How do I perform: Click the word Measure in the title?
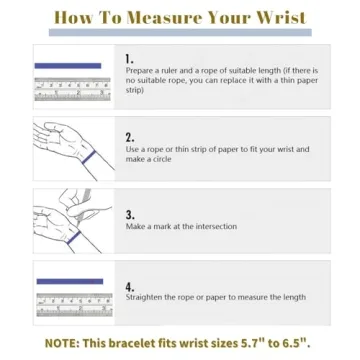pos(166,18)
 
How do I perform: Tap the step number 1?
pos(129,59)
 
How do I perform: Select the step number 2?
pos(130,138)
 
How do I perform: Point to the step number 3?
pos(130,215)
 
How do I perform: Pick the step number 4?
pos(130,287)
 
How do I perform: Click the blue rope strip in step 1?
pos(68,66)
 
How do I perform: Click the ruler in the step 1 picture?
pos(72,89)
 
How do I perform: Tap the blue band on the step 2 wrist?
pos(89,157)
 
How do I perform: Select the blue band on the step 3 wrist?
pos(74,237)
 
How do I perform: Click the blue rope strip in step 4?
pos(70,282)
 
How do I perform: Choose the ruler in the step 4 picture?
pos(74,305)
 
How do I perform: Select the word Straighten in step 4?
pos(144,297)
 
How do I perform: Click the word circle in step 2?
pos(162,159)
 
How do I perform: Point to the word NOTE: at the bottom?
pos(62,343)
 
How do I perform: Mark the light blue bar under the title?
pos(180,32)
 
